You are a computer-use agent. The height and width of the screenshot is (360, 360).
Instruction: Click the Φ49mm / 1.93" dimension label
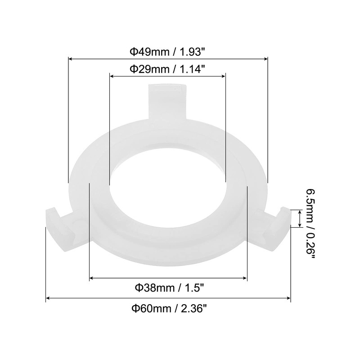pyautogui.click(x=167, y=51)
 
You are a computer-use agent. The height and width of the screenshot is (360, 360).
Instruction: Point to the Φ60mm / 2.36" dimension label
pyautogui.click(x=168, y=308)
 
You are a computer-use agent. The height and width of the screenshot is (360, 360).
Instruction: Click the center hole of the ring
pyautogui.click(x=167, y=180)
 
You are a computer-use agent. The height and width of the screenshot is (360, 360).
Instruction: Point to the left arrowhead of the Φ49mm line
pyautogui.click(x=70, y=58)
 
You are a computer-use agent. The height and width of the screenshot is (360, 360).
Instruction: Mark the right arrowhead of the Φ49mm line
pyautogui.click(x=265, y=58)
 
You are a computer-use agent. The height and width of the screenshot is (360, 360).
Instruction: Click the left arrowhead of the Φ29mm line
pyautogui.click(x=112, y=76)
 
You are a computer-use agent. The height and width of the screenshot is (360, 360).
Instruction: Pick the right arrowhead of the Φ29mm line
pyautogui.click(x=224, y=76)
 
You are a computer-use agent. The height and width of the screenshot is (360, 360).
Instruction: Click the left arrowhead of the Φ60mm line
pyautogui.click(x=48, y=298)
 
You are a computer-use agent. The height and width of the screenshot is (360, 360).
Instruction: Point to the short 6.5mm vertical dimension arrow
pyautogui.click(x=299, y=218)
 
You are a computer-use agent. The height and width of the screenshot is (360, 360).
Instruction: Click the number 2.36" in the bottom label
pyautogui.click(x=193, y=308)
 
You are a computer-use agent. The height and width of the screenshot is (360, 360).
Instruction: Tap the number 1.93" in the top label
pyautogui.click(x=192, y=51)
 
